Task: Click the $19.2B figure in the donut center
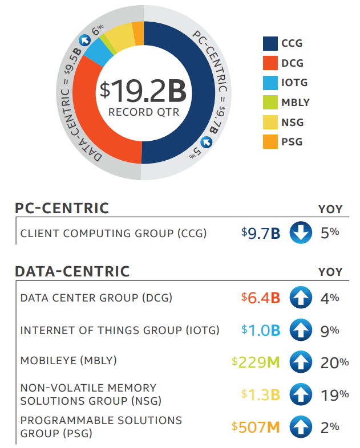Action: coord(143,90)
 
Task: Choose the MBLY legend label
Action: coord(295,103)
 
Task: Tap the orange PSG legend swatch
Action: coord(270,141)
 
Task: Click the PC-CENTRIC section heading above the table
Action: coord(62,209)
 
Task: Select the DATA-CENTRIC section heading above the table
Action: coord(72,271)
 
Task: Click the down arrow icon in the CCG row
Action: coord(300,233)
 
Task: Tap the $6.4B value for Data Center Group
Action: coord(261,298)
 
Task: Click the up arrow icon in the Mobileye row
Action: coord(300,362)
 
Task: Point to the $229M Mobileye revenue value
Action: coord(256,362)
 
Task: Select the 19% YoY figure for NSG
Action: coord(334,394)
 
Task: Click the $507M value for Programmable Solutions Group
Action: coord(256,426)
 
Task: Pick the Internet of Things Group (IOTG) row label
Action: coord(119,331)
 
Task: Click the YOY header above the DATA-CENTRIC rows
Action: coord(330,272)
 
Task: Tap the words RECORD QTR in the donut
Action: coord(143,112)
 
